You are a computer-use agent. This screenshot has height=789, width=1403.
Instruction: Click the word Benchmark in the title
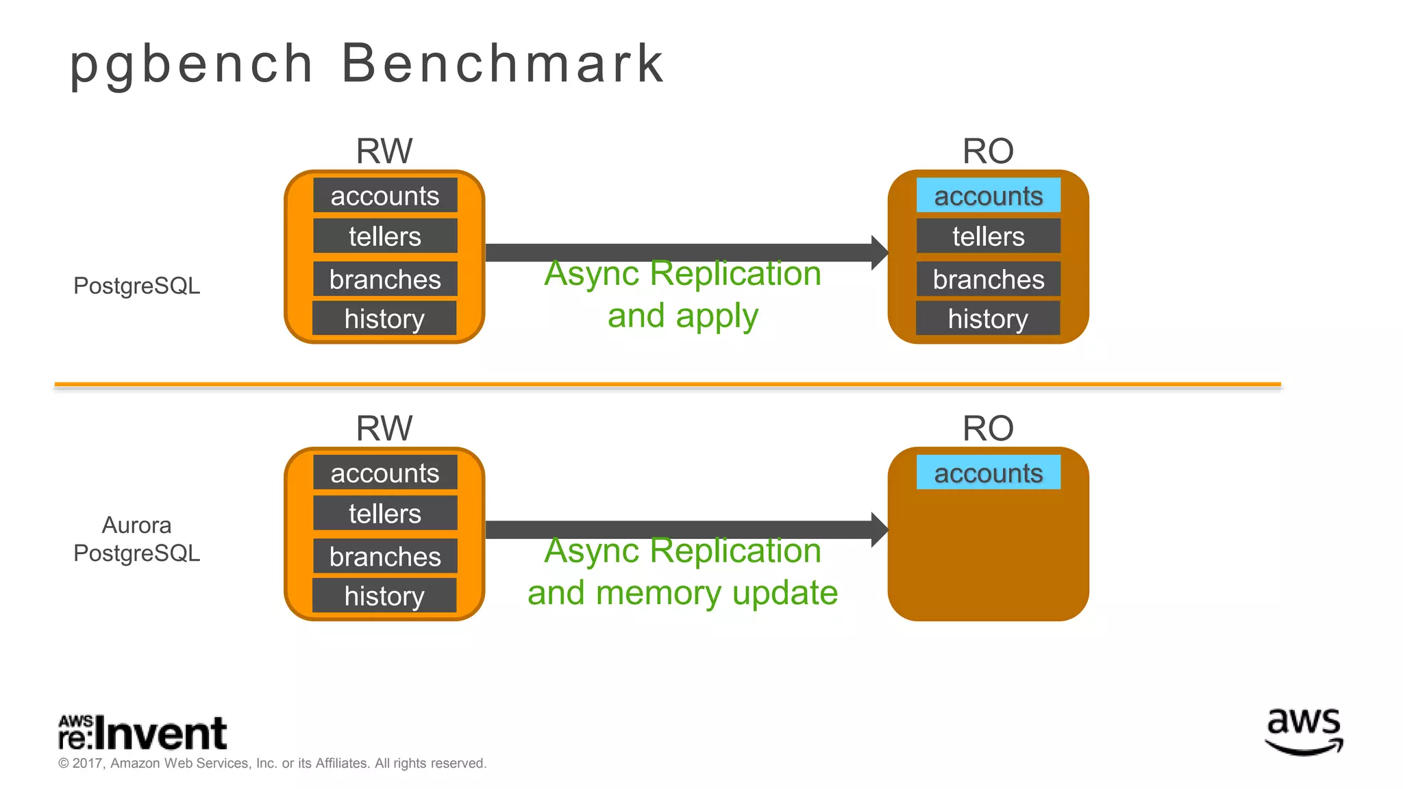pos(502,63)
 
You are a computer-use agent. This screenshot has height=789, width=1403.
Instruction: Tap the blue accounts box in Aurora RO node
pos(988,473)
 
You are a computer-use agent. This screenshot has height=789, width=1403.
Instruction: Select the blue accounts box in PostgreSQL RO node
pos(988,195)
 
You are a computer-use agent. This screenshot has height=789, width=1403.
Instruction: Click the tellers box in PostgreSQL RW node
pos(385,236)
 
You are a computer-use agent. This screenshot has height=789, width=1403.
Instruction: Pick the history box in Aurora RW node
pos(384,595)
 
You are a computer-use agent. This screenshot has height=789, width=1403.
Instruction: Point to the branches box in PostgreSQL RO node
pos(988,279)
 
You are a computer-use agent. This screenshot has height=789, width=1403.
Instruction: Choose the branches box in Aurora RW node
pos(385,556)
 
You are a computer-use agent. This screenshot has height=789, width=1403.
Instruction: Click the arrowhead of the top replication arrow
pos(879,253)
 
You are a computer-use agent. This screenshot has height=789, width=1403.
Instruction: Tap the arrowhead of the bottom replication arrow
pos(879,529)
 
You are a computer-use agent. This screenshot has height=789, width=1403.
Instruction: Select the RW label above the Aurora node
pos(384,428)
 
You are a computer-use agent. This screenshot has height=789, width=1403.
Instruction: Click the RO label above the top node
pos(988,151)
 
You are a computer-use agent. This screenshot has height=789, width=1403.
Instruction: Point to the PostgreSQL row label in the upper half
pos(136,286)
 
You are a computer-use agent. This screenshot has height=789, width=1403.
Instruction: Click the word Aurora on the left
pos(136,525)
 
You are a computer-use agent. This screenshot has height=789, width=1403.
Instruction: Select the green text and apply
pos(682,316)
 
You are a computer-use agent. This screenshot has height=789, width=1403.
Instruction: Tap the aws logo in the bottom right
pos(1304,731)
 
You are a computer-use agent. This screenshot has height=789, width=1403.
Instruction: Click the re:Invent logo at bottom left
pos(142,733)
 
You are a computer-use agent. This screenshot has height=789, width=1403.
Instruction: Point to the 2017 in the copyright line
pos(87,763)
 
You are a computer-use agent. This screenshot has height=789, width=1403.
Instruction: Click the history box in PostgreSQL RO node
pos(988,318)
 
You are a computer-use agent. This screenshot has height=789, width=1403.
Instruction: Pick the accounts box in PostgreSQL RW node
pos(385,196)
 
